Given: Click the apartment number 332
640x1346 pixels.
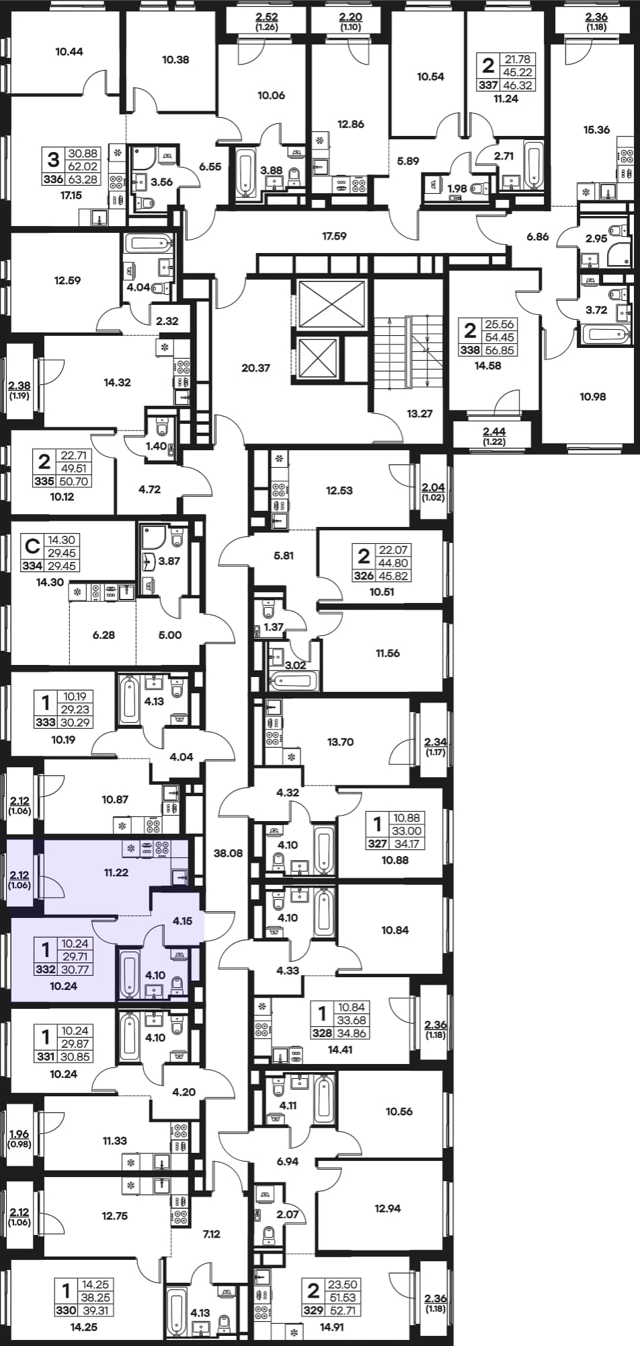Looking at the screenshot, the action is (45, 969).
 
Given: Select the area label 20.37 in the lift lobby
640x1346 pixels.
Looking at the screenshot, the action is (255, 368).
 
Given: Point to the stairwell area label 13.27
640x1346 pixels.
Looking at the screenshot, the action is (419, 414).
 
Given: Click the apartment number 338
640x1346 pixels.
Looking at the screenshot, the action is (470, 350).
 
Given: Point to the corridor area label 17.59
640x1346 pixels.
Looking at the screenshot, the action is (334, 236).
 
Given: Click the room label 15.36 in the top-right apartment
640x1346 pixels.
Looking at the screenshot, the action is (596, 130).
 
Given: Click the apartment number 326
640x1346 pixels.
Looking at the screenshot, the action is (363, 576).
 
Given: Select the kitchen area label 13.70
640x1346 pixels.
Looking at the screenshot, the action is (340, 742).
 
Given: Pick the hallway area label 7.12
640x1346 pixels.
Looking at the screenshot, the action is (212, 1234).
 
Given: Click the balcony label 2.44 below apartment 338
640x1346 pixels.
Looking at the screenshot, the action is (494, 431).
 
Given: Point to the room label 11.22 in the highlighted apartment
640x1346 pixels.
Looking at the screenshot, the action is (116, 872).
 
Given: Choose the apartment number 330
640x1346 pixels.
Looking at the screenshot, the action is (66, 1310).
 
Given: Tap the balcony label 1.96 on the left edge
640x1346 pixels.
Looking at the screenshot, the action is (20, 1134).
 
